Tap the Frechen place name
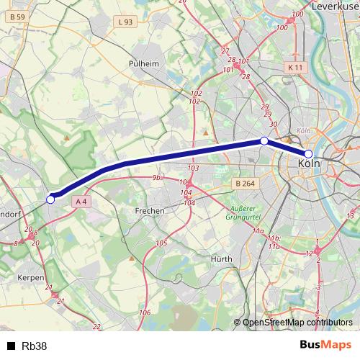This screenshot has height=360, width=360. (150, 211)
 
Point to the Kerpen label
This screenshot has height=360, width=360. (32, 276)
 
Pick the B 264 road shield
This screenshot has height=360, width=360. (245, 184)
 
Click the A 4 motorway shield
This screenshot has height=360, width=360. (83, 202)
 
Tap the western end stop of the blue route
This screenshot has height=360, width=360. (50, 199)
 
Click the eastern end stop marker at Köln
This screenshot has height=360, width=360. (308, 154)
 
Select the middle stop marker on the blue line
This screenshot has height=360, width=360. (264, 140)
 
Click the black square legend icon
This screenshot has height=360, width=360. (11, 346)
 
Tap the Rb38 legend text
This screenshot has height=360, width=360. (35, 346)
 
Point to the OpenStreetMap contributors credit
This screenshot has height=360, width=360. (297, 323)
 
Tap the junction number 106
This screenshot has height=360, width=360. (145, 312)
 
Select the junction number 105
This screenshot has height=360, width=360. (161, 243)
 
